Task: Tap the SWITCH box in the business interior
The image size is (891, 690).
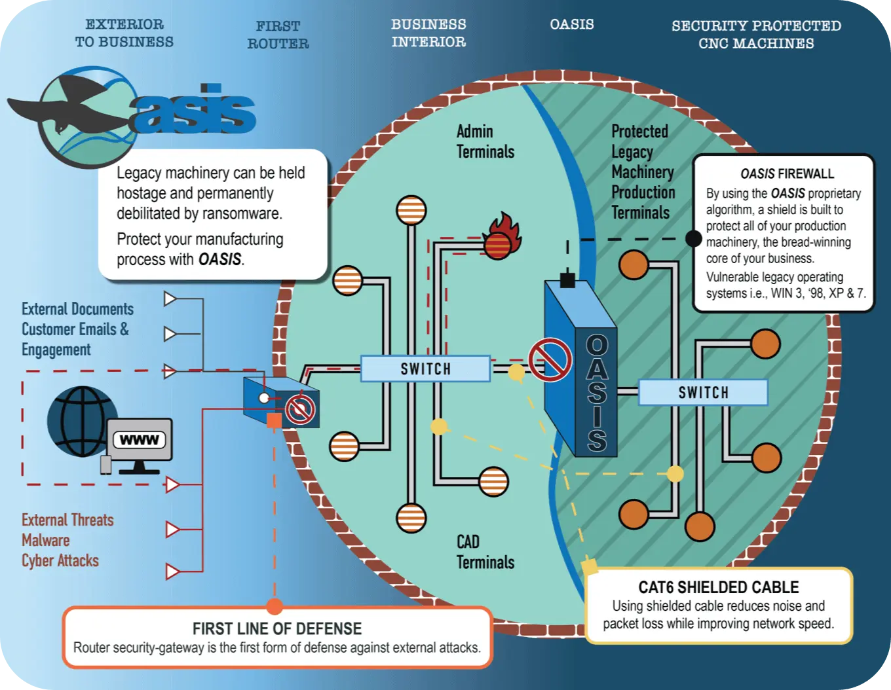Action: (x=425, y=369)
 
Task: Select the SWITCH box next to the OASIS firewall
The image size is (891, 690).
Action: (x=703, y=392)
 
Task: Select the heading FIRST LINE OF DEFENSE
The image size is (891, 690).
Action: (x=276, y=628)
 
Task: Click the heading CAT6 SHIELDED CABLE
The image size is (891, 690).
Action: (x=718, y=587)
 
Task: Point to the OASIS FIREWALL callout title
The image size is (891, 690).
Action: (x=787, y=173)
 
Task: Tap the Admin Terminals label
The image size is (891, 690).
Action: (x=485, y=141)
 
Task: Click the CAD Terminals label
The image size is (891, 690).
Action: (x=485, y=552)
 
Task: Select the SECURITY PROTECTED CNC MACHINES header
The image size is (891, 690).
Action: (x=756, y=35)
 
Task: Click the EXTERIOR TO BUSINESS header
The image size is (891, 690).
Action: (x=124, y=33)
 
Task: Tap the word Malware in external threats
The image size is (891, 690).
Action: (x=45, y=540)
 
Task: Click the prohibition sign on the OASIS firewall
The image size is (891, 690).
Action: (x=550, y=359)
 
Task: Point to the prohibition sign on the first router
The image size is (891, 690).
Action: (x=300, y=410)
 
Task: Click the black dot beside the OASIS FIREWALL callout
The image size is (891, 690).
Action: (x=693, y=238)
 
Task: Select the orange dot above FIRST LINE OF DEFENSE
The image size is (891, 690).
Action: (x=275, y=606)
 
